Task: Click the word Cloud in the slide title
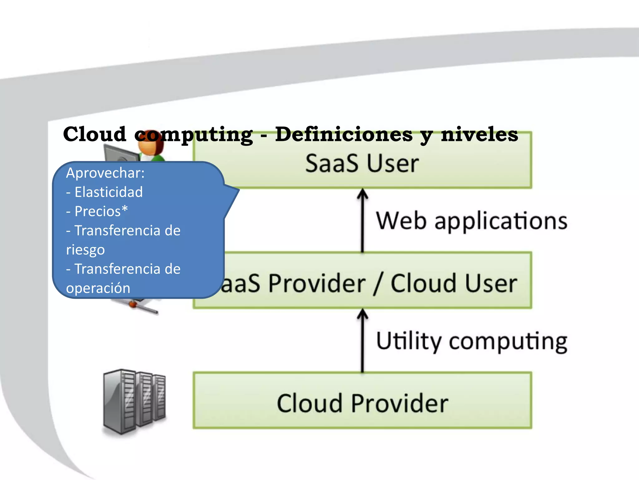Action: point(95,134)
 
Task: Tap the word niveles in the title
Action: point(480,134)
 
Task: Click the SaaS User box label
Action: point(362,163)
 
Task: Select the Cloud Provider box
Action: point(362,403)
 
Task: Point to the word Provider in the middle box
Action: point(317,283)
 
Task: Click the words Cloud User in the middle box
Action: point(454,283)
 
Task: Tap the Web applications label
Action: point(471,221)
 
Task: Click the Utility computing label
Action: point(471,341)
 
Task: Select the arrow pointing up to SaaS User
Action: point(362,219)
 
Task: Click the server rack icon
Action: point(134,402)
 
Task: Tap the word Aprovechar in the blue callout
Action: point(105,173)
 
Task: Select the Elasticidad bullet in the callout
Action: point(108,192)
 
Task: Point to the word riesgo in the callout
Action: point(85,250)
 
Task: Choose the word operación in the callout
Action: point(98,288)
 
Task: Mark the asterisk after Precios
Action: point(125,208)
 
